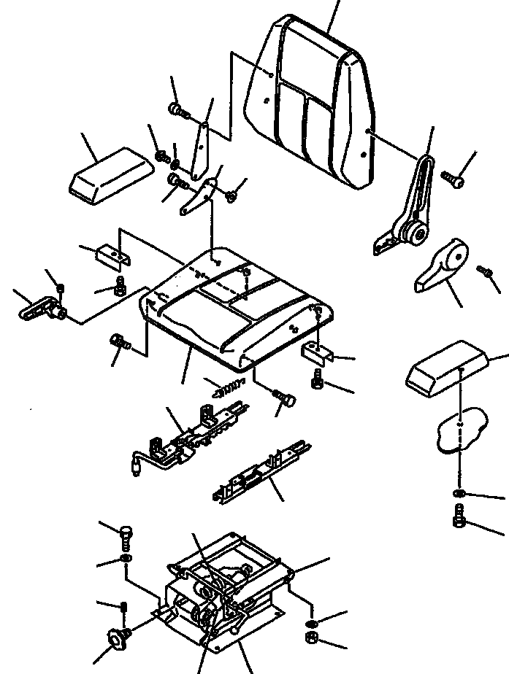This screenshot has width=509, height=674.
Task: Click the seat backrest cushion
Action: click(x=314, y=102)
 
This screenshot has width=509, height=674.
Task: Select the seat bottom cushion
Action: click(x=234, y=306)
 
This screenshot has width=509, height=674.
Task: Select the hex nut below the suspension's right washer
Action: click(x=310, y=639)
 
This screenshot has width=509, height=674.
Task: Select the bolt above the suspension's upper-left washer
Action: click(x=125, y=538)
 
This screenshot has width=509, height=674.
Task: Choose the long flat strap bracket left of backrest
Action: click(x=200, y=150)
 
